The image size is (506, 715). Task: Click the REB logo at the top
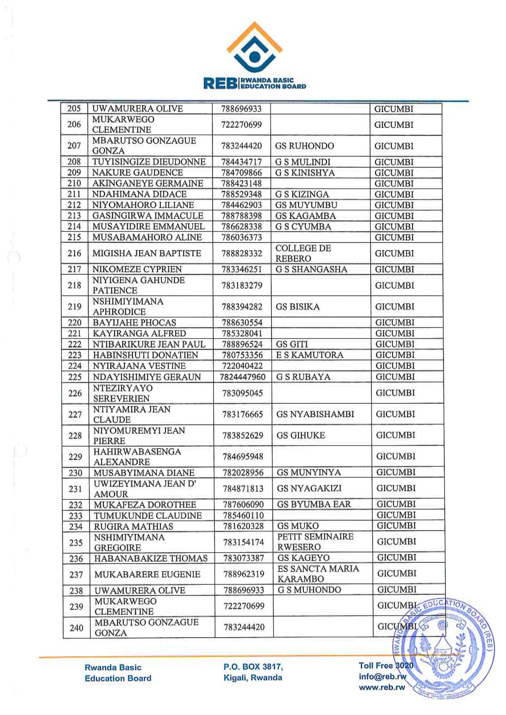[254, 55]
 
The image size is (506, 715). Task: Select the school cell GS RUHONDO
[304, 146]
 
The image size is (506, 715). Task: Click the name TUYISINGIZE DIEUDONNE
[149, 162]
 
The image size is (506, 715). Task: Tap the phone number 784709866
[242, 173]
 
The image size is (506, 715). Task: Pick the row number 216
[74, 253]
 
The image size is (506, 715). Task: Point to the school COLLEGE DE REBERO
[303, 253]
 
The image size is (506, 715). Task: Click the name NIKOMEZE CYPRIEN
[137, 269]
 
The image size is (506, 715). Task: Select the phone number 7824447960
[242, 377]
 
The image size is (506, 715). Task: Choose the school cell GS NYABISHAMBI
[315, 414]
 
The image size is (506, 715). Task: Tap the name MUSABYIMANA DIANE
[144, 473]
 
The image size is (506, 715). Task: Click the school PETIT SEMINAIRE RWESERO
[315, 542]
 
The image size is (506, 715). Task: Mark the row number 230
[75, 473]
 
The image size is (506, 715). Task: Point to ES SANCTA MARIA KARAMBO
[318, 574]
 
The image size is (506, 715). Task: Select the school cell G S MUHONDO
[309, 590]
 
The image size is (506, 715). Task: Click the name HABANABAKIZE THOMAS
[151, 558]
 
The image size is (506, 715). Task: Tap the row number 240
[76, 628]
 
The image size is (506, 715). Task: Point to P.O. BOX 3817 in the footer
[253, 667]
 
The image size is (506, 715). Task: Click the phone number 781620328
[243, 526]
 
